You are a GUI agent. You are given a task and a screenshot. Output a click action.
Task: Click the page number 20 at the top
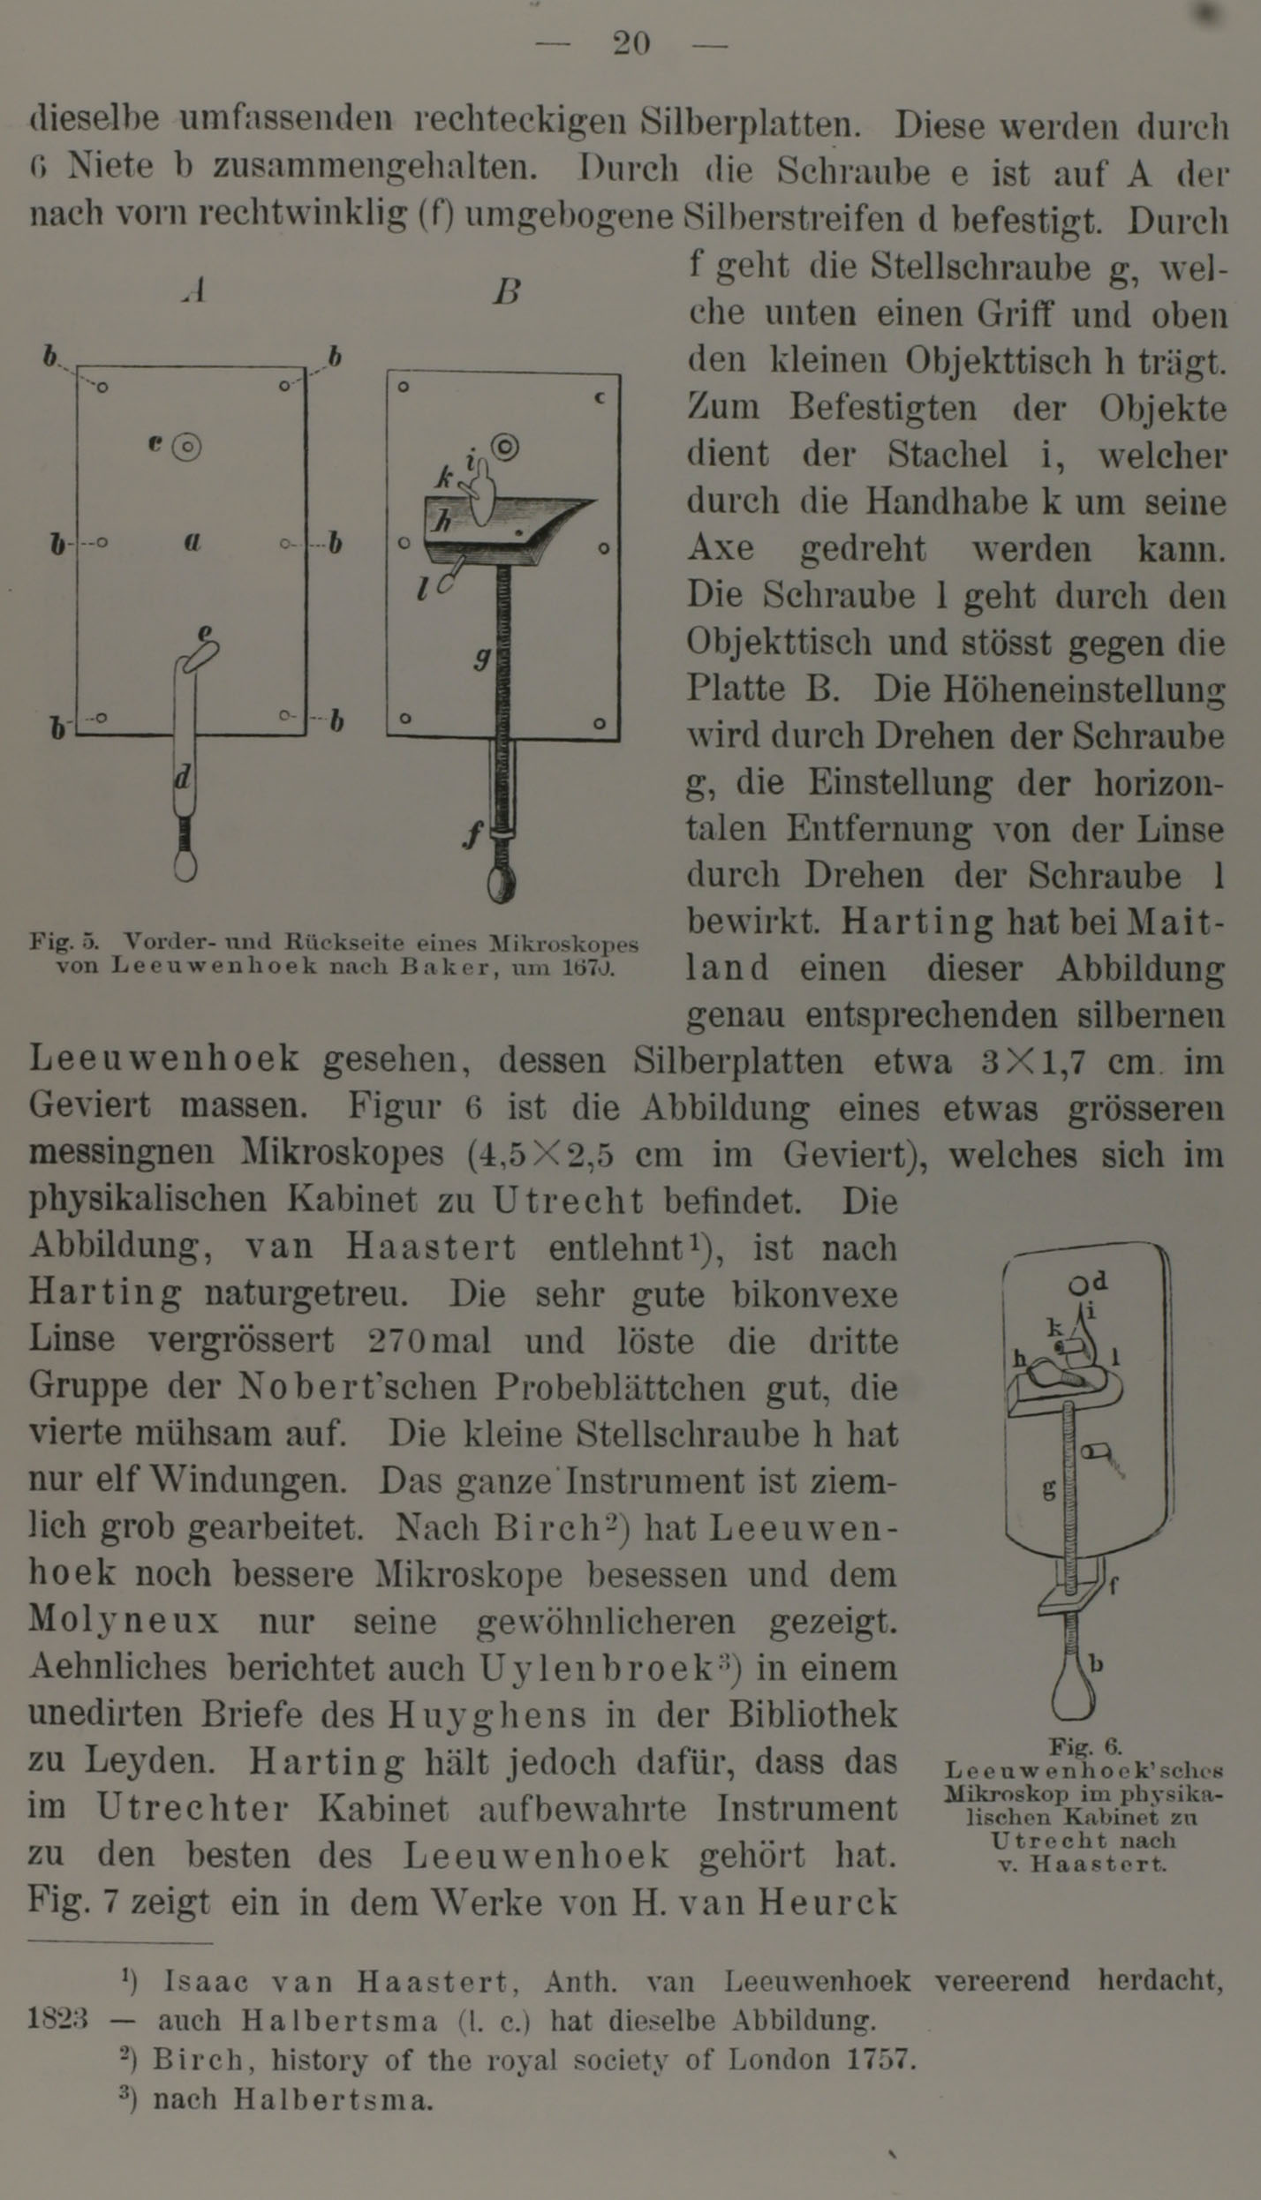point(631,43)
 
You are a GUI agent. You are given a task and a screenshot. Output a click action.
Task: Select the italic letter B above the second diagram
point(507,290)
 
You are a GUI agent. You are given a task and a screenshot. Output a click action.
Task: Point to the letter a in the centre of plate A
point(193,541)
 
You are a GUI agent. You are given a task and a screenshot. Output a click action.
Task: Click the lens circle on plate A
point(186,448)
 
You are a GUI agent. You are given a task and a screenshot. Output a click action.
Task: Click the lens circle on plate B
point(505,447)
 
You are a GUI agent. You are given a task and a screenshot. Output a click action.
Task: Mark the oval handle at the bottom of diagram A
point(185,864)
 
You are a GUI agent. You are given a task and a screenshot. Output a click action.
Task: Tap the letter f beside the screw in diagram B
point(474,833)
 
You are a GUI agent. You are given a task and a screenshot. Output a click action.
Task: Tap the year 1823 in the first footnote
point(58,2020)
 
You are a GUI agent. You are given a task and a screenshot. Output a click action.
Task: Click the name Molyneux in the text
point(124,1622)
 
